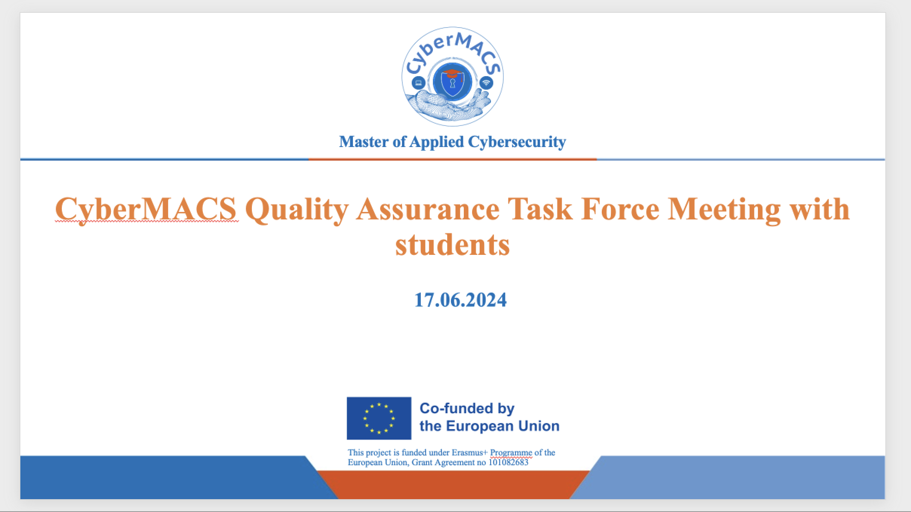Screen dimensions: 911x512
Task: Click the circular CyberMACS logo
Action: point(452,77)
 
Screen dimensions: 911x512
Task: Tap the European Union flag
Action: point(379,418)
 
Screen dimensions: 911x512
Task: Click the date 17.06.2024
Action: point(460,300)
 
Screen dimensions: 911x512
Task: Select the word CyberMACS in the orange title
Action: point(146,210)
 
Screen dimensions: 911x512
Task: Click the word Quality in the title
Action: point(296,210)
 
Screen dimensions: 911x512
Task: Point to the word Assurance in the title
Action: point(428,209)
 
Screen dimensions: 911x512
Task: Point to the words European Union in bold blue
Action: point(503,426)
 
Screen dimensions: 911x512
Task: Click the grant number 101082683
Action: point(508,462)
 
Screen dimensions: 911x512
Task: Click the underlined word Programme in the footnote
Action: point(511,453)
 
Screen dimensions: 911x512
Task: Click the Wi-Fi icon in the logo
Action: point(486,82)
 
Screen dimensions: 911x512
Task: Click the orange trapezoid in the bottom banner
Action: point(453,484)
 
